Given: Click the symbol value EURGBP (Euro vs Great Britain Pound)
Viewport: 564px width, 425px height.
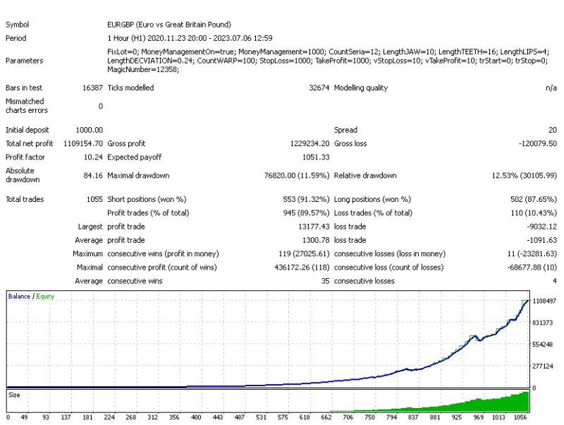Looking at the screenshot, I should (169, 25).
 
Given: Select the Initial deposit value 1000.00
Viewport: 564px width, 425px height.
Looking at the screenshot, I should (89, 130).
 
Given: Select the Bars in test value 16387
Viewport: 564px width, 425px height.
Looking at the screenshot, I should (92, 88).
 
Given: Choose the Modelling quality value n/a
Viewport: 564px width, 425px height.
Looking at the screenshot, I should (551, 88).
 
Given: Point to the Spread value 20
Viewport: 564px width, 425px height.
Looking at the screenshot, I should (553, 130).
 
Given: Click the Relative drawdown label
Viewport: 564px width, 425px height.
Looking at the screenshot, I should (365, 175).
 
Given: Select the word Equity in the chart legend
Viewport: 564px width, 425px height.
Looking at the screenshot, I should (45, 297).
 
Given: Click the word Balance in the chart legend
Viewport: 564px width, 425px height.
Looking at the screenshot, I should (19, 297).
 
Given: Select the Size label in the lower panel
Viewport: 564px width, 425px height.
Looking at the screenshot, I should (14, 395).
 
